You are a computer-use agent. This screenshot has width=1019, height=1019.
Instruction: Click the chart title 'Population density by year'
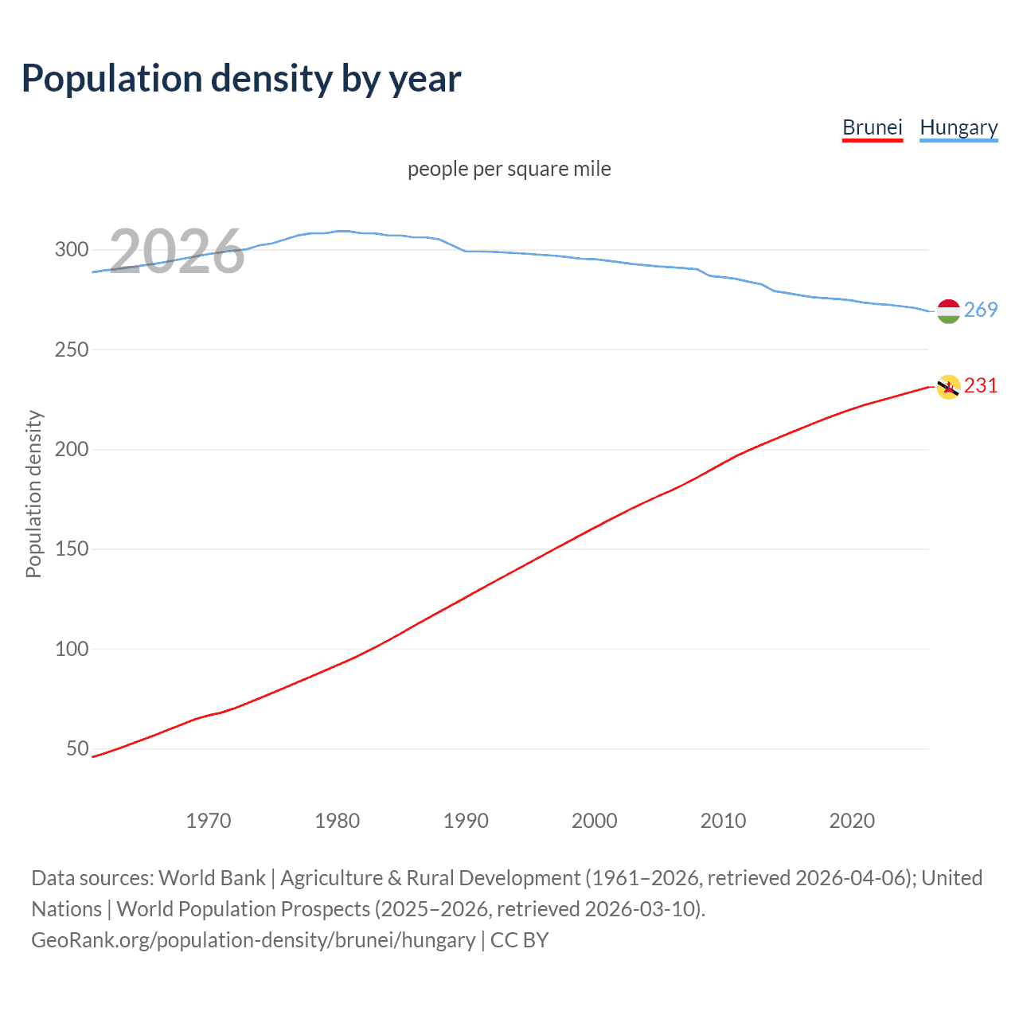[x=241, y=79]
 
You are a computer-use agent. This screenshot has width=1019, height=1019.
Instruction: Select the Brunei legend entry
[x=872, y=127]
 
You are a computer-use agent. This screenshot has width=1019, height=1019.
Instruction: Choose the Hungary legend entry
[x=958, y=127]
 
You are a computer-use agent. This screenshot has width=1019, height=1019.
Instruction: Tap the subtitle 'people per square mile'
[x=509, y=169]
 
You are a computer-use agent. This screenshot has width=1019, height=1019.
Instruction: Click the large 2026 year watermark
[x=177, y=252]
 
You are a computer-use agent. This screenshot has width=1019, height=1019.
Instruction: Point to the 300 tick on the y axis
[x=72, y=250]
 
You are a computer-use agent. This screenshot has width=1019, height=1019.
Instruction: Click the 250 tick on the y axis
[x=72, y=349]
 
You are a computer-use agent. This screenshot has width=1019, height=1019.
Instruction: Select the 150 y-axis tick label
[x=72, y=549]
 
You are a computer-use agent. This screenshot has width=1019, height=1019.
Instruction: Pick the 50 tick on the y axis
[x=77, y=749]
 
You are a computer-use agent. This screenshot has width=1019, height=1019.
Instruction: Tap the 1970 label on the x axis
[x=209, y=821]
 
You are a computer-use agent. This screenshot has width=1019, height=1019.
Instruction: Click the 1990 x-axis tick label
[x=466, y=821]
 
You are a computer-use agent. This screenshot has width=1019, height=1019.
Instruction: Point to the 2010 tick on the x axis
[x=723, y=821]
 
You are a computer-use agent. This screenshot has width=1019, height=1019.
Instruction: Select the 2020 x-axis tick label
[x=852, y=821]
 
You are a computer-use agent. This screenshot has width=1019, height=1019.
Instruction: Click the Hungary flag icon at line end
[x=948, y=311]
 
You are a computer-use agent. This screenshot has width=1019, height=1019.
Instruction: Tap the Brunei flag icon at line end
[x=948, y=387]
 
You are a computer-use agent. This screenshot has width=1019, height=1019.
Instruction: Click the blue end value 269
[x=981, y=310]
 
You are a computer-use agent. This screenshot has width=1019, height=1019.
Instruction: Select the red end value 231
[x=981, y=385]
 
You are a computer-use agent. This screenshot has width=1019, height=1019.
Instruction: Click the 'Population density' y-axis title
[x=33, y=494]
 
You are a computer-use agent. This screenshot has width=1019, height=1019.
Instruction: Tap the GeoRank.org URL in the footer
[x=253, y=940]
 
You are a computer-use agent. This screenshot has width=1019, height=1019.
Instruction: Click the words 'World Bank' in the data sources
[x=212, y=878]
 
